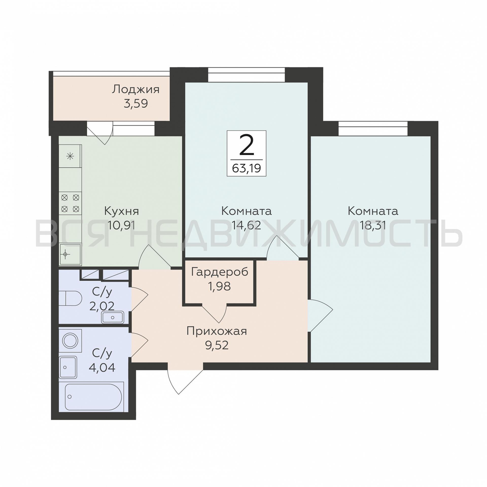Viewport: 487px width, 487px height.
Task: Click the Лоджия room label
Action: [x=136, y=89]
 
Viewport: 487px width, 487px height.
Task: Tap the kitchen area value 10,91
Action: [x=122, y=225]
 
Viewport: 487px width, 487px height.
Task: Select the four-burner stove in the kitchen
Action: [x=70, y=203]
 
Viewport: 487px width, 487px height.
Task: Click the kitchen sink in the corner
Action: [x=70, y=254]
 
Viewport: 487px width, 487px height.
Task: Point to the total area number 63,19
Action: [x=246, y=168]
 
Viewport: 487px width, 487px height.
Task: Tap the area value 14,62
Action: [x=246, y=225]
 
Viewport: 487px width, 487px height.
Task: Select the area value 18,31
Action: [x=373, y=225]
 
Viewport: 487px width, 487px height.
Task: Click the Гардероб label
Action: [x=220, y=272]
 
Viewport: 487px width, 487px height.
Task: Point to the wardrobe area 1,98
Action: [x=219, y=286]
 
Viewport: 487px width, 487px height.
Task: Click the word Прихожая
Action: [x=216, y=331]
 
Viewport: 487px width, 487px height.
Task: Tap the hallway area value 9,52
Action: [x=216, y=345]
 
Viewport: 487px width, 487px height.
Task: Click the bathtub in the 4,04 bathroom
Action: [x=94, y=397]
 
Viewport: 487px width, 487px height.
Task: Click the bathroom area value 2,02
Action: [x=102, y=307]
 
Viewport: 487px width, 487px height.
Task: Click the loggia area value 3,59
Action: [x=136, y=103]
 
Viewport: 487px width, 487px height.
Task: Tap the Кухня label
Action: [x=122, y=211]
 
